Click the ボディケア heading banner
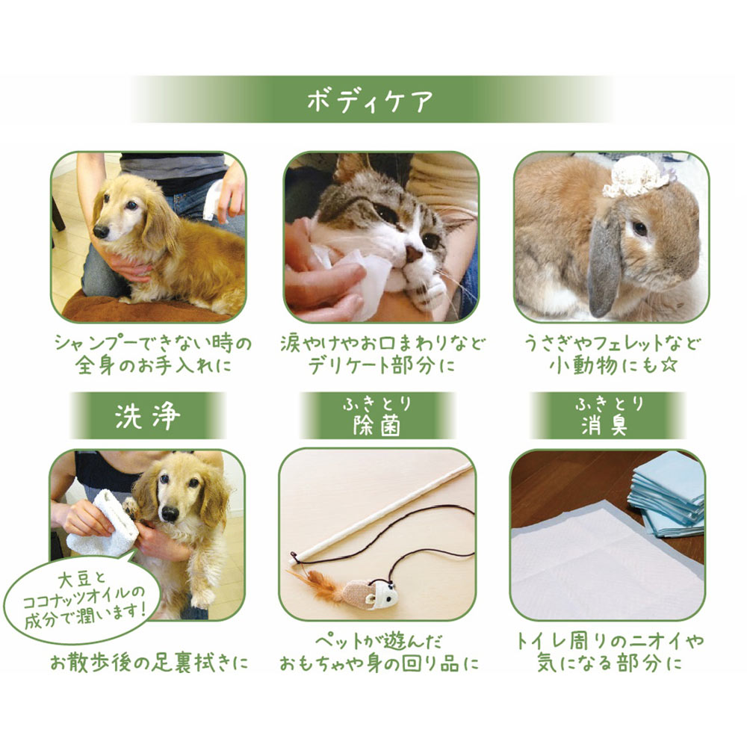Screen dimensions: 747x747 (x=371, y=100)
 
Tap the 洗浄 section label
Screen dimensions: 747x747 (x=147, y=416)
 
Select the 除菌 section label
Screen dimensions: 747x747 (x=377, y=426)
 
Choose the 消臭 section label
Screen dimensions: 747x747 (x=607, y=426)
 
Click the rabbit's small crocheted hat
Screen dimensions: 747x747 (x=636, y=177)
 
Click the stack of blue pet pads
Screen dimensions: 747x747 (x=666, y=493)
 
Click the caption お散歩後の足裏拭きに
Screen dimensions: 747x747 (x=147, y=662)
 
